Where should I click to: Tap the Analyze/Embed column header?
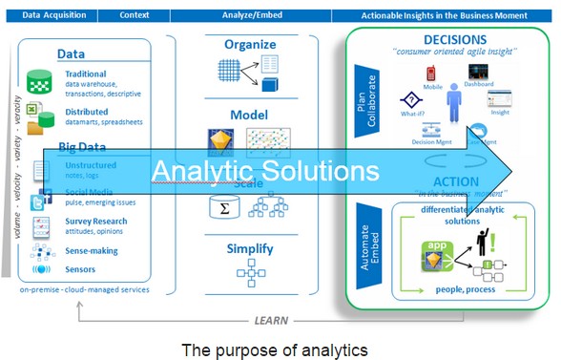[x=250, y=16]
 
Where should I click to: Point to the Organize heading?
[x=250, y=44]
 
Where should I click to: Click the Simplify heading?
[x=250, y=249]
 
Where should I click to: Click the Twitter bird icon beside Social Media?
[x=42, y=201]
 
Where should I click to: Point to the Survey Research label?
[x=95, y=222]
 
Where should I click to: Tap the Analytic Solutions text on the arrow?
[x=264, y=171]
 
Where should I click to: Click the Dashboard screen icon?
[x=481, y=72]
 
